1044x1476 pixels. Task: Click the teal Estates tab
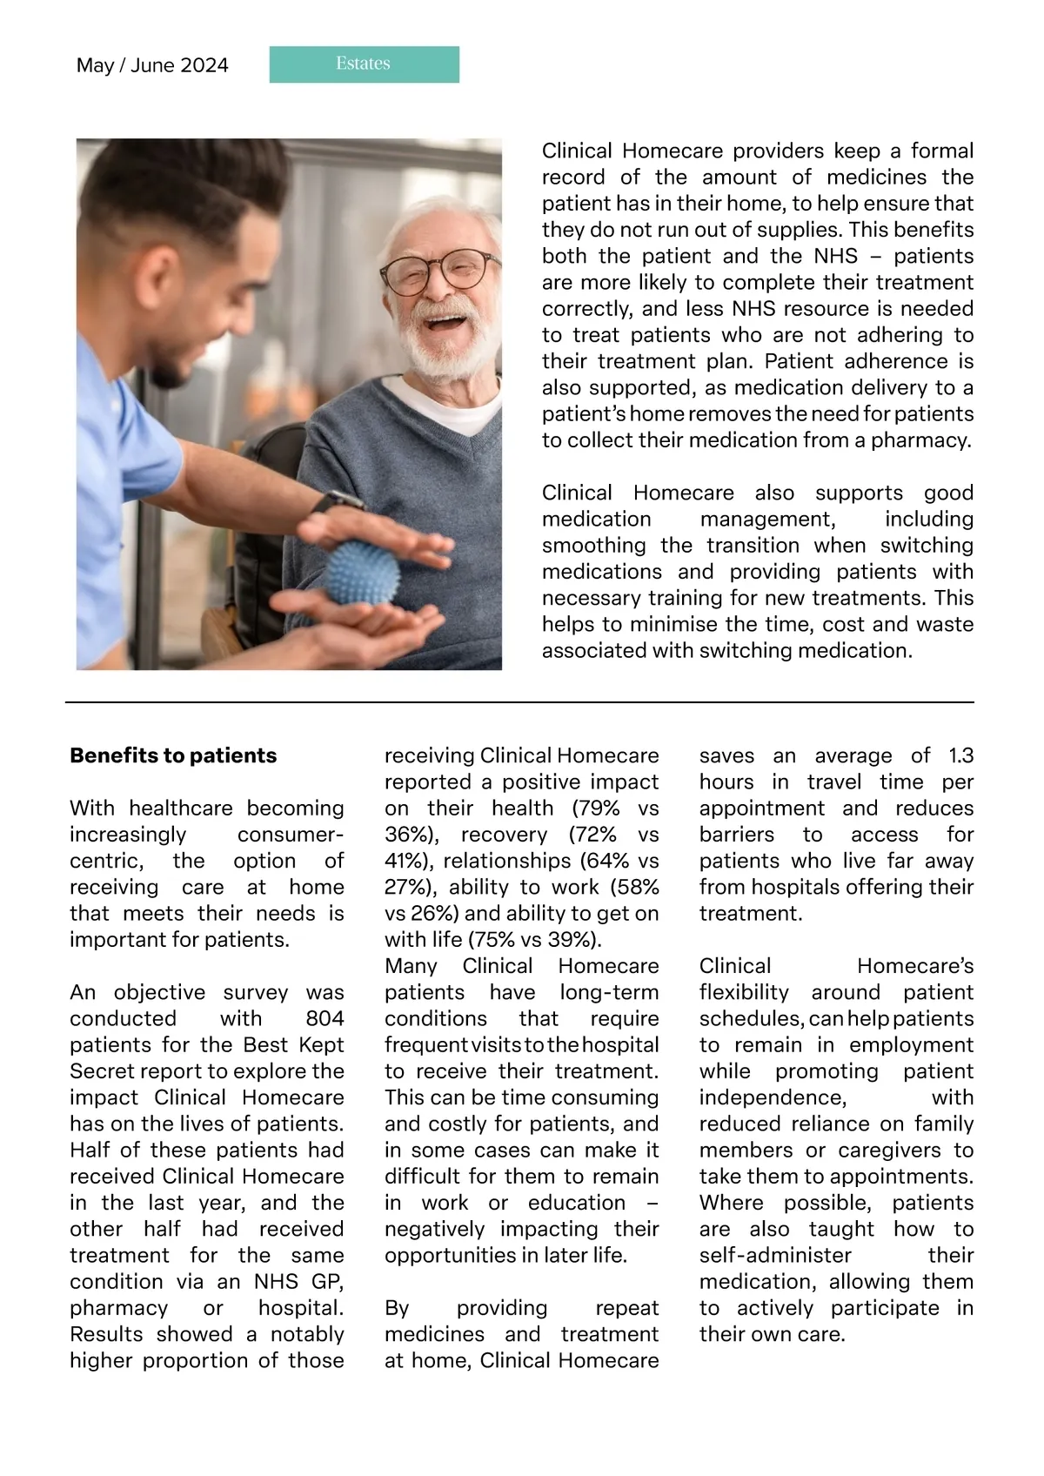pos(364,64)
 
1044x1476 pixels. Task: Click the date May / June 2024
pos(152,65)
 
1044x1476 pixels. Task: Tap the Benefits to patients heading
pos(173,755)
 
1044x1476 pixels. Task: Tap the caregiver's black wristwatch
pos(337,502)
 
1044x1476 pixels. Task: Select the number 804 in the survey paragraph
pos(325,1018)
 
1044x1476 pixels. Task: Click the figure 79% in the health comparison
pos(596,808)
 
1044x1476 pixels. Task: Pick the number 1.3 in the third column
pos(960,755)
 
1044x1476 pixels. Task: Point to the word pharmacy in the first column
pos(119,1307)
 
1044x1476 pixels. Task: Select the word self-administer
pos(775,1255)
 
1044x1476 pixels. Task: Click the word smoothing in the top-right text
pos(593,545)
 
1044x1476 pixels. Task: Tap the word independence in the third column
pos(772,1097)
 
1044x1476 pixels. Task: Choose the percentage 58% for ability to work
pos(634,887)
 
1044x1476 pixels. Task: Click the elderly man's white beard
pos(448,348)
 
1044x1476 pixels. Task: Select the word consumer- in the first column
pos(291,834)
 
